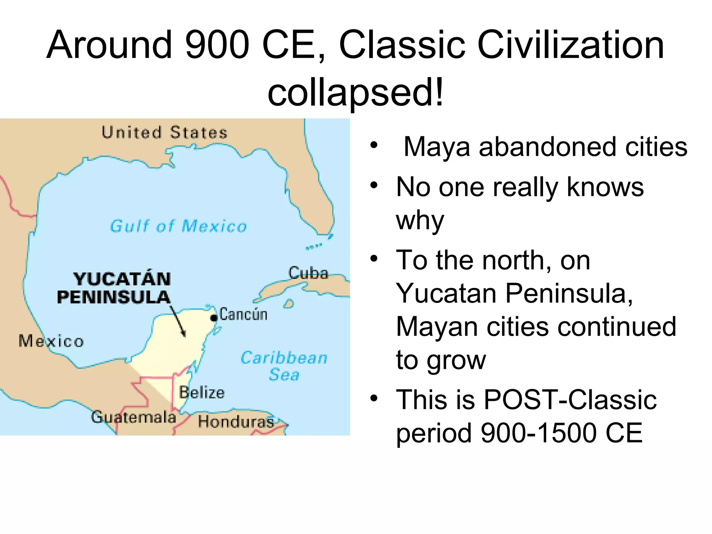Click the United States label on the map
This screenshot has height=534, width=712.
(164, 132)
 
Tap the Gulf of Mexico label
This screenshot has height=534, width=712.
(178, 226)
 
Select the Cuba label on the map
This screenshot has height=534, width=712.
(308, 273)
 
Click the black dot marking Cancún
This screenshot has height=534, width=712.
(214, 317)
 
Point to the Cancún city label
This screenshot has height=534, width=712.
(243, 314)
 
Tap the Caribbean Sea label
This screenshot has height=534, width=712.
(284, 366)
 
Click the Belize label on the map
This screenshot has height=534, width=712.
(202, 393)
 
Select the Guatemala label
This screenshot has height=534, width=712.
(133, 417)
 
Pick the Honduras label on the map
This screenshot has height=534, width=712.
(236, 421)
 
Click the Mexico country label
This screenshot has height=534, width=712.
(51, 341)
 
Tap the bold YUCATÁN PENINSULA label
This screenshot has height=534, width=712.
(114, 288)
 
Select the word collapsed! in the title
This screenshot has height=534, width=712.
(355, 92)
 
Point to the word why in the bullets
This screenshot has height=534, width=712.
(420, 220)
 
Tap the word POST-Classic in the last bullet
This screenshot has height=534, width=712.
(570, 399)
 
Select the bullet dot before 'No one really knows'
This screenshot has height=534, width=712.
(374, 185)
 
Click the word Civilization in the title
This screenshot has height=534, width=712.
(571, 45)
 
